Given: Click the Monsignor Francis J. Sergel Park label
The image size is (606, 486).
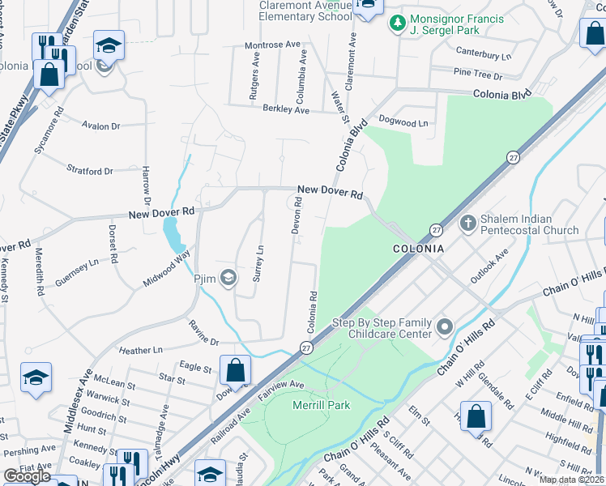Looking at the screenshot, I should click(457, 24).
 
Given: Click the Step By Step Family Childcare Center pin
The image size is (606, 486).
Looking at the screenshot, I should click(444, 327).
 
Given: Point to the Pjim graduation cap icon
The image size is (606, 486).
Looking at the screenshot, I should click(228, 279).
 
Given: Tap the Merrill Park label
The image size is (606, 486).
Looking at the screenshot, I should click(322, 405).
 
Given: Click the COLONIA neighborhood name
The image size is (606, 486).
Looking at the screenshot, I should click(418, 249).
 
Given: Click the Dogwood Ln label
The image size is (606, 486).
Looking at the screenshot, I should click(403, 123).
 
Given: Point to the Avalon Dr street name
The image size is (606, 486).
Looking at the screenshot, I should click(101, 126).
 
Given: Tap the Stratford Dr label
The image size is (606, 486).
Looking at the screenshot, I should click(90, 172).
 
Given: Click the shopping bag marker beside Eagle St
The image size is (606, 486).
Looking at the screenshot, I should click(235, 371).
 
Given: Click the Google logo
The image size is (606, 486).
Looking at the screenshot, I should click(27, 476).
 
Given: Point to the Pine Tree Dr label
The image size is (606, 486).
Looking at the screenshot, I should click(478, 75).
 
